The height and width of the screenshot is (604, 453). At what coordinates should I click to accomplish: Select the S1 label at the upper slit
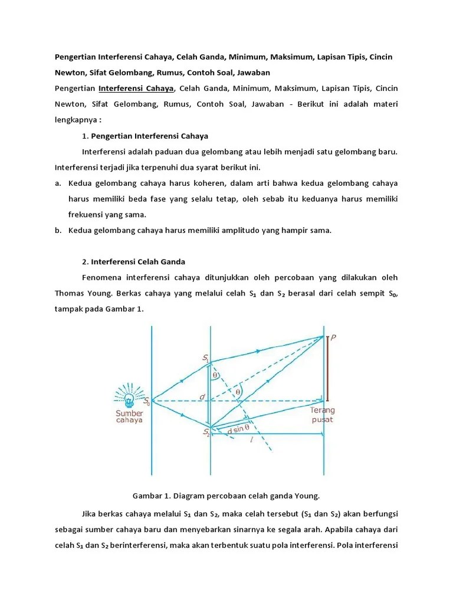[205, 357]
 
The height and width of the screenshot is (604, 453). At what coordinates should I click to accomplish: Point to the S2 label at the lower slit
[206, 433]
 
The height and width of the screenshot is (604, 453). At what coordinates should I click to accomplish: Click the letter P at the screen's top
[334, 338]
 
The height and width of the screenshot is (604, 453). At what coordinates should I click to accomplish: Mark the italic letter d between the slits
[202, 397]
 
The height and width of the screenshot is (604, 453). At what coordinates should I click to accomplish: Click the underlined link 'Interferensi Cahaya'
[136, 88]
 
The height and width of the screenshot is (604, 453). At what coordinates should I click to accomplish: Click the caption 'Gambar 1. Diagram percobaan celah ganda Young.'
[226, 495]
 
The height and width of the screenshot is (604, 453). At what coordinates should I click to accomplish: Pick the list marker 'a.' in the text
[58, 183]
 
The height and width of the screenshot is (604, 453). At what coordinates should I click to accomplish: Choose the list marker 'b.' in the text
[58, 231]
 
